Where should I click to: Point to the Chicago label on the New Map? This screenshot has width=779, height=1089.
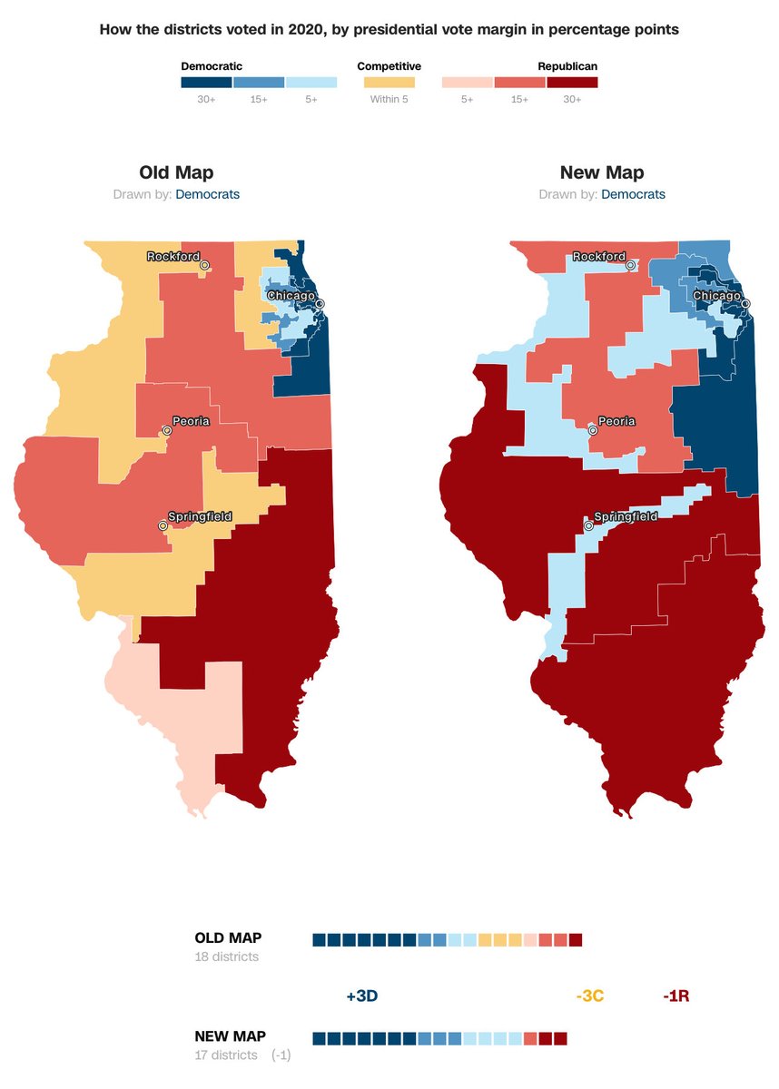[x=716, y=296]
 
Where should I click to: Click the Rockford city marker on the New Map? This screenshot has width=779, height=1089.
[x=630, y=265]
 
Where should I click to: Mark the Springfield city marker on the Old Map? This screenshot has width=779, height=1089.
[x=163, y=525]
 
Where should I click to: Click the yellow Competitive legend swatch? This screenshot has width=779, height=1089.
[x=389, y=83]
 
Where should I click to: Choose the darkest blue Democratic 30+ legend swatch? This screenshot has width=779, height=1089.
[x=206, y=83]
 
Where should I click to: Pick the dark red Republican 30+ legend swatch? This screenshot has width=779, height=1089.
[x=573, y=83]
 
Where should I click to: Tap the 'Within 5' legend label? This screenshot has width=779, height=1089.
[x=389, y=99]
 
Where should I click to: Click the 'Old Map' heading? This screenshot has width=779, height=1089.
[x=176, y=172]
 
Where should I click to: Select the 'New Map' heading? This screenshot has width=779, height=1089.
[x=602, y=172]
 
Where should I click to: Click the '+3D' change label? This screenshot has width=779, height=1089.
[x=361, y=996]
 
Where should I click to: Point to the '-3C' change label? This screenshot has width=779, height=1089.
[x=589, y=996]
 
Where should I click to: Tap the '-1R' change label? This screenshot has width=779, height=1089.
[x=675, y=996]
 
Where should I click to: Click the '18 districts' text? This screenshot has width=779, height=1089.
[x=226, y=957]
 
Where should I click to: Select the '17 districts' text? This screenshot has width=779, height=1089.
[x=226, y=1055]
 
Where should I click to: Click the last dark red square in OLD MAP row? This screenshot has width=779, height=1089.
[x=576, y=939]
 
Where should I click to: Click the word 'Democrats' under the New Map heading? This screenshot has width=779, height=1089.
[x=633, y=194]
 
